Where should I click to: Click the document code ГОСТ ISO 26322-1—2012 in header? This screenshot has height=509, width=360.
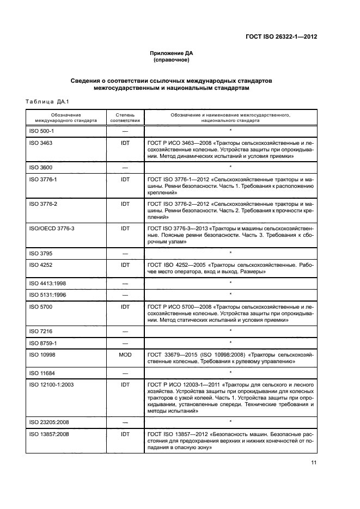278,37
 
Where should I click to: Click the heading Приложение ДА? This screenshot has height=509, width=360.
172,53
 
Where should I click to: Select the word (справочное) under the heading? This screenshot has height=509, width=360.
172,60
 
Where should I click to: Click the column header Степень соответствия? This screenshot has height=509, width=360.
125,118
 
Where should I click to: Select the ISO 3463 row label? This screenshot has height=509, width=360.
43,143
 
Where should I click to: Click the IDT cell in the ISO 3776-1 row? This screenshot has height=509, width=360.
125,179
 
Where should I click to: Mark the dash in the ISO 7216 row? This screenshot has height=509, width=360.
125,330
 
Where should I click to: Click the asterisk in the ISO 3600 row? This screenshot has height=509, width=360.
230,167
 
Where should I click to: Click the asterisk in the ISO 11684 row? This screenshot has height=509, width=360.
230,373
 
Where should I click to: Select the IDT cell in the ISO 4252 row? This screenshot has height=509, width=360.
125,265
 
